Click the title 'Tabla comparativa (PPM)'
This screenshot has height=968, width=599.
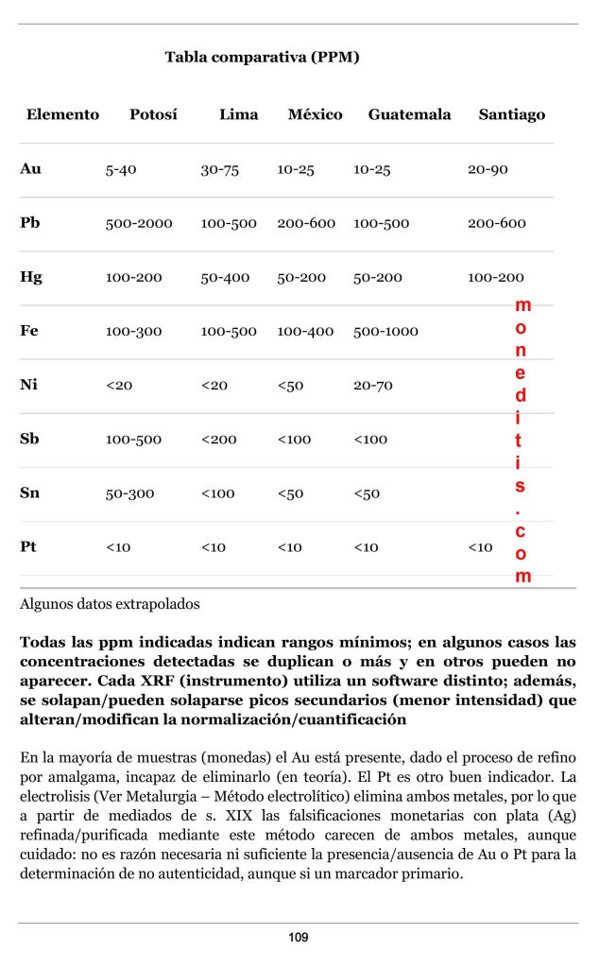point(262,58)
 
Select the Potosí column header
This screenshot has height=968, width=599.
point(153,115)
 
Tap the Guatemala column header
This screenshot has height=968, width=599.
point(409,115)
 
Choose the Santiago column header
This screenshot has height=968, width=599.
point(511,115)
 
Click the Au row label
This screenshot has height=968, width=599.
point(30,170)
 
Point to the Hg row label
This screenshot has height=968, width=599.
point(31,278)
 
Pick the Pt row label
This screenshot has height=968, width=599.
point(30,547)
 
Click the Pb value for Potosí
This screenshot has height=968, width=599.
point(139,224)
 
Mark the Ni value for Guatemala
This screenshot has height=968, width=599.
point(372,386)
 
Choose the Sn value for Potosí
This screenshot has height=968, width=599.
point(128,493)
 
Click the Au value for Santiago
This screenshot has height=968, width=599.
point(488,170)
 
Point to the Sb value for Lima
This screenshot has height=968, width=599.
point(217,440)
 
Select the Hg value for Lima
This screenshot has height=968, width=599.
point(225,278)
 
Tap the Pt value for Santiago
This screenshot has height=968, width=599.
point(480,547)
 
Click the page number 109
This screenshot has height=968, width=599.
point(299,938)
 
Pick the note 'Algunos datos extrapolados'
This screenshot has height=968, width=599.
point(110,603)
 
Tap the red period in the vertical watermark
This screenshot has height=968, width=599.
point(521,510)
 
